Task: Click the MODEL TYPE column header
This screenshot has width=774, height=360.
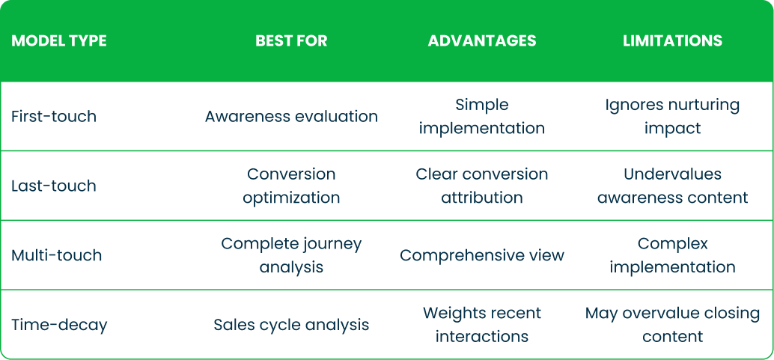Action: [x=59, y=41]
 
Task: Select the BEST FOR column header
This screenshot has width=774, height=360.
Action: [x=291, y=41]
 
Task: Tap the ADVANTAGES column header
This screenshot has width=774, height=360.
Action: [x=482, y=41]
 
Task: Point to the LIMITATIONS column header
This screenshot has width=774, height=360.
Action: [x=672, y=41]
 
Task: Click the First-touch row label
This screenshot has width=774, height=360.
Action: [x=54, y=117]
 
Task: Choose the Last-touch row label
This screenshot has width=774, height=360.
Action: [x=54, y=186]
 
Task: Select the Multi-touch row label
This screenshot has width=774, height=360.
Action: [x=57, y=255]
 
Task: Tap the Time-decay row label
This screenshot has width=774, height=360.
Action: [x=59, y=325]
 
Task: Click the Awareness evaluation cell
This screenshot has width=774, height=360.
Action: [x=291, y=117]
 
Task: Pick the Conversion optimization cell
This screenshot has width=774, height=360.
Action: [x=291, y=186]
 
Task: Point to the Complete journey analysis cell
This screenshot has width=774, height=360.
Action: [x=291, y=255]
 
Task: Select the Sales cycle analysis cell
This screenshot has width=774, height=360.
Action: [x=291, y=325]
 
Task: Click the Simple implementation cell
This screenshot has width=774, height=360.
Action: [x=482, y=117]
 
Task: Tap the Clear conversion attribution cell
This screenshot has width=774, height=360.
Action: [x=482, y=186]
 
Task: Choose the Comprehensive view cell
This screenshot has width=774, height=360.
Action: [x=482, y=255]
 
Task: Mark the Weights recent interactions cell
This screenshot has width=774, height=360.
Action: [x=482, y=325]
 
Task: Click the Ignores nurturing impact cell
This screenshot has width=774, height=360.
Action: [x=672, y=117]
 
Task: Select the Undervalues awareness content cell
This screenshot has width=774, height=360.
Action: [x=672, y=186]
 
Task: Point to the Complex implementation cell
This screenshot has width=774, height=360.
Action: [x=672, y=255]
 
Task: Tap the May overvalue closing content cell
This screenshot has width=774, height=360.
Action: [x=672, y=325]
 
